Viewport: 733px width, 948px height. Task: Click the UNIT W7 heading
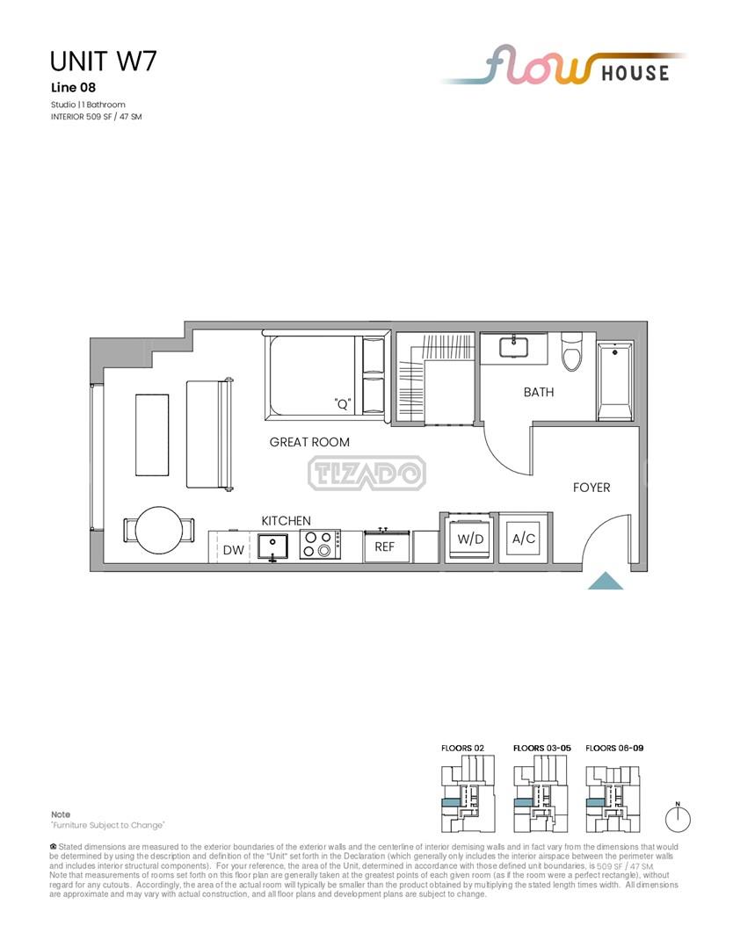click(x=104, y=62)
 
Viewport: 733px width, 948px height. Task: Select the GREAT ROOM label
click(x=309, y=442)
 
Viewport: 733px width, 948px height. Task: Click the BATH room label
click(x=538, y=392)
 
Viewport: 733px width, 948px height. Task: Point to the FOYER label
click(x=591, y=488)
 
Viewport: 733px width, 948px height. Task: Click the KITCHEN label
click(x=286, y=520)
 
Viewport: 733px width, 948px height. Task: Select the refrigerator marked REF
click(x=387, y=547)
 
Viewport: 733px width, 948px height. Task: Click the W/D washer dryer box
click(x=470, y=539)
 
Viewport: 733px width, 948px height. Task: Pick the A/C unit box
click(x=524, y=539)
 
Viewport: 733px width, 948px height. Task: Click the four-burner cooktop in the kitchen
click(x=320, y=544)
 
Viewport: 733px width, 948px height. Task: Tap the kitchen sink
click(x=272, y=546)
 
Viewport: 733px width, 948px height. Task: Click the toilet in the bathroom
click(x=571, y=351)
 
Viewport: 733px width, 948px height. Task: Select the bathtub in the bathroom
click(x=615, y=381)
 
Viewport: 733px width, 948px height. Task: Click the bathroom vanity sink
click(x=513, y=347)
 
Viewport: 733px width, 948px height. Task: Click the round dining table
click(x=159, y=530)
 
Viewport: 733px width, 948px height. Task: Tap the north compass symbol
click(x=678, y=818)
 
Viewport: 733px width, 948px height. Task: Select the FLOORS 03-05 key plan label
click(x=542, y=748)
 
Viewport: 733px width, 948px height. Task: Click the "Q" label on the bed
click(x=343, y=404)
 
